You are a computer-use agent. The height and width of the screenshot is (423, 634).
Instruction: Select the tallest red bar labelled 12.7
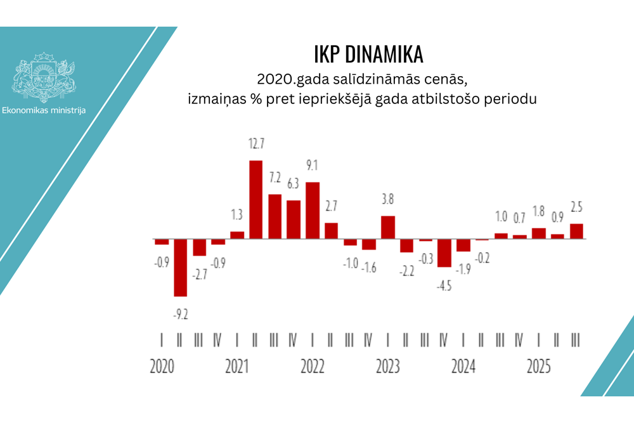(256, 199)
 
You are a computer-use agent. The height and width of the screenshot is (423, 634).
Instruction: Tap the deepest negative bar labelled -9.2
(181, 267)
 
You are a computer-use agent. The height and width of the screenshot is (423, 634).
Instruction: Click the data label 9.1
(312, 166)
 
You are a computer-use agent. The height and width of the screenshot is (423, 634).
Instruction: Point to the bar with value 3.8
(388, 227)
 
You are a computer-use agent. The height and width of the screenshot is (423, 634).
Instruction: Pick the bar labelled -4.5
(444, 253)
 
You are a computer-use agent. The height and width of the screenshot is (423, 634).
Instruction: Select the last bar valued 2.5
(576, 231)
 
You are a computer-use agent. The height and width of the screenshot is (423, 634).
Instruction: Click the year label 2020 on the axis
(162, 367)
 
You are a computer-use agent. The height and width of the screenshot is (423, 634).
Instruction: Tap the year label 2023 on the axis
(388, 367)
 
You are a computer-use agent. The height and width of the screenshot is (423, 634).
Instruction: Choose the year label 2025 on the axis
(539, 367)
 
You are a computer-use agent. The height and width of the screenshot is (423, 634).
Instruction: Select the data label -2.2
(406, 271)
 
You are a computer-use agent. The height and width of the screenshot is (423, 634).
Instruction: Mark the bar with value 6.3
(294, 219)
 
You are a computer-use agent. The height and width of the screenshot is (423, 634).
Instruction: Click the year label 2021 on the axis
(237, 367)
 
